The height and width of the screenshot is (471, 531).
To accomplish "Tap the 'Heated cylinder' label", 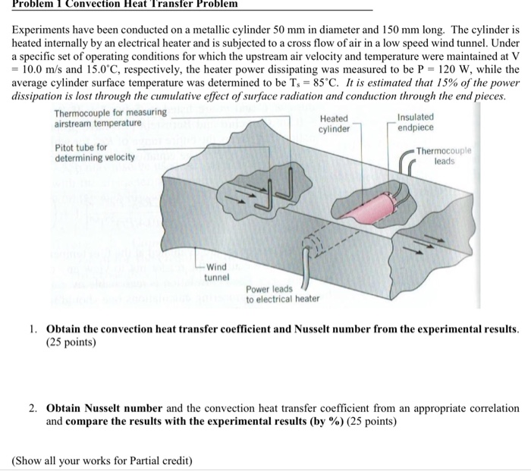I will [x=335, y=124].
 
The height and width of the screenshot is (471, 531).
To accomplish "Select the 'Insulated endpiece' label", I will [x=416, y=122].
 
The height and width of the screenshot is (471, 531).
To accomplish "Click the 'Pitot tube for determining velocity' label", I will [x=95, y=152].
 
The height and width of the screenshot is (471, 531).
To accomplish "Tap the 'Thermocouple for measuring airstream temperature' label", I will [x=110, y=118].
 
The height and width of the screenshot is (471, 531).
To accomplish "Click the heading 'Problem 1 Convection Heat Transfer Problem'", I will [x=124, y=4].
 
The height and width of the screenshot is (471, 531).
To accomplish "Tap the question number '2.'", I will [x=34, y=408].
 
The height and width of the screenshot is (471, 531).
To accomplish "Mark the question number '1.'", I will [x=34, y=329].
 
